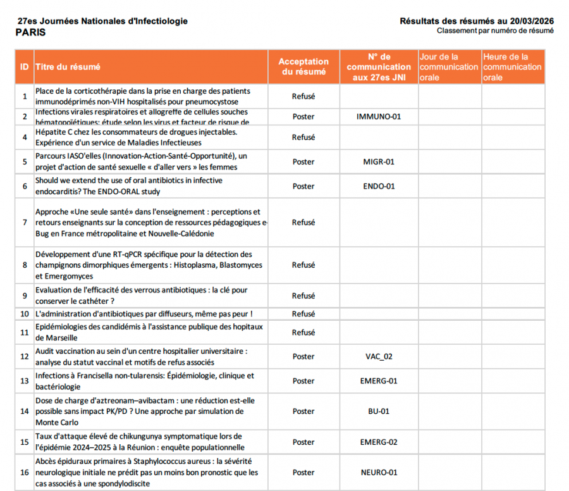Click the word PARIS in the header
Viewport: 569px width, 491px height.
[30, 33]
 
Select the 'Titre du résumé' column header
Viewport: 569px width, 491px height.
[68, 66]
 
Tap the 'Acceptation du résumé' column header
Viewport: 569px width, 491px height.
[303, 66]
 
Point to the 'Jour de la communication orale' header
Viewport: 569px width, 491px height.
[449, 66]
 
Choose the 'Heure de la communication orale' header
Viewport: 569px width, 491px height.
[512, 66]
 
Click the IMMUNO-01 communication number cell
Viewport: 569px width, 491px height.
[379, 116]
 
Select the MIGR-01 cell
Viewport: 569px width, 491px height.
[379, 161]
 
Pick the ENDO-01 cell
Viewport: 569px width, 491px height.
[379, 186]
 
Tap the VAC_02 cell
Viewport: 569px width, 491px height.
[379, 356]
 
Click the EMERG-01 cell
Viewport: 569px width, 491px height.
[379, 381]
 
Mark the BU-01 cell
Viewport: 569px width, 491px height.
[379, 411]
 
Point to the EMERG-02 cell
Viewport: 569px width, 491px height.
[379, 442]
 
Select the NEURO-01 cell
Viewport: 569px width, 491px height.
[379, 472]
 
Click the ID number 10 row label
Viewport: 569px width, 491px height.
[25, 314]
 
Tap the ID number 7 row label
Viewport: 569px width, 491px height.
[25, 223]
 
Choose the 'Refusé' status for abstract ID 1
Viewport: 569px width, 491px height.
[303, 96]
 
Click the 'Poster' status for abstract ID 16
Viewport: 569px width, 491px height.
[303, 472]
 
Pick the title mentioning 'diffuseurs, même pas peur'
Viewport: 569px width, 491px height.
[144, 314]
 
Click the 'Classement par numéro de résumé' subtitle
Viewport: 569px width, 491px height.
[495, 31]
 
